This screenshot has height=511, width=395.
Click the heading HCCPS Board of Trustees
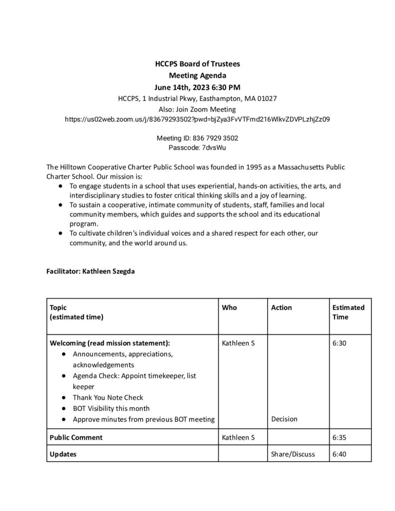(197, 64)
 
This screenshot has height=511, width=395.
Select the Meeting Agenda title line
(197, 76)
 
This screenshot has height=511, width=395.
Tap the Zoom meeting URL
(197, 119)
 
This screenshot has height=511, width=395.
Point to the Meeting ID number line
(197, 138)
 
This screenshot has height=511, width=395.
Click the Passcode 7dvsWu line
(197, 148)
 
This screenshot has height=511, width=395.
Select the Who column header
(229, 307)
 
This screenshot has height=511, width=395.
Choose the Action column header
(281, 307)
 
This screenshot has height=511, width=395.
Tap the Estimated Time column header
(348, 312)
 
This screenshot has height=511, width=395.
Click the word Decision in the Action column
(284, 419)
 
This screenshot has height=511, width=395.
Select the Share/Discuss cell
(293, 454)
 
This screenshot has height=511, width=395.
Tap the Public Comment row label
(76, 438)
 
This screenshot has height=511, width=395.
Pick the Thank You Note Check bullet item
(108, 397)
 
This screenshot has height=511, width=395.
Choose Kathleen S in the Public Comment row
(238, 438)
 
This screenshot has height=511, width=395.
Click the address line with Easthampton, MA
(197, 98)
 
